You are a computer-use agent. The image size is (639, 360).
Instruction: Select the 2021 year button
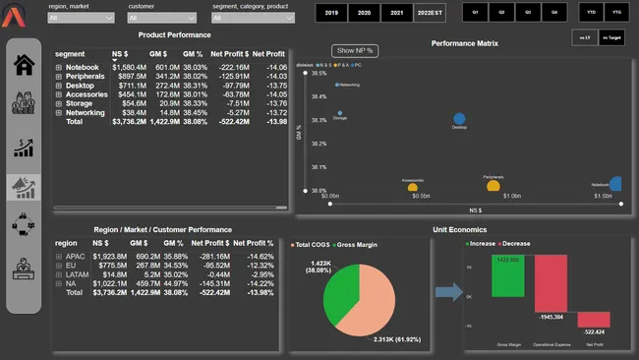pos(395,13)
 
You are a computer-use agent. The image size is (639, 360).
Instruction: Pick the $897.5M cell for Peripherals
pos(130,76)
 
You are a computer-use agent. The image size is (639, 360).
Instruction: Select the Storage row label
pos(79,103)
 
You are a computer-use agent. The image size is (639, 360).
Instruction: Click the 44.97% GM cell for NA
pos(173,283)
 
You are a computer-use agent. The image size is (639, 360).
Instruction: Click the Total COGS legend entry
pos(314,243)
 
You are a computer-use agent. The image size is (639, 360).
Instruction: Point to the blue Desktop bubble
pos(459,119)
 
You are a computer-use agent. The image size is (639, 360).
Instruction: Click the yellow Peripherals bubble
pos(494,185)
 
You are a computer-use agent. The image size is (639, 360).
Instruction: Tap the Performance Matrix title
pos(464,44)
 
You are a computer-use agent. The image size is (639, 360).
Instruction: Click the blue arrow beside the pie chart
pos(447,291)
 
